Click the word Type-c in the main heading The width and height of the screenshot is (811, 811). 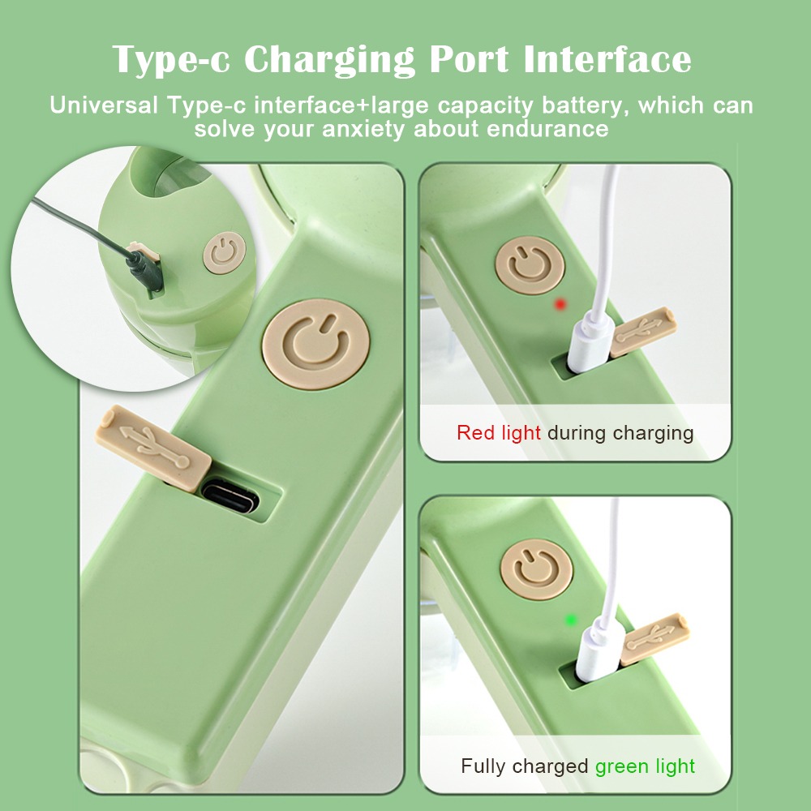tap(171, 60)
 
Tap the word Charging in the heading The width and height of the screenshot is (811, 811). tap(329, 60)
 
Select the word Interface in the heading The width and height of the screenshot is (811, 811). tap(607, 59)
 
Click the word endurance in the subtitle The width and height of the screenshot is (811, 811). tap(547, 129)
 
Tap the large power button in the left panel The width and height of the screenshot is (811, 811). tap(315, 344)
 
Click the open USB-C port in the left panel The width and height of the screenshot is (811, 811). tap(230, 496)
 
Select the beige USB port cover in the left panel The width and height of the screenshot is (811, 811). tap(153, 448)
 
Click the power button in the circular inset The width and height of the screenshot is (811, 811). tap(225, 252)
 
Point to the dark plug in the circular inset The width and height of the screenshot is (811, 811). tap(144, 268)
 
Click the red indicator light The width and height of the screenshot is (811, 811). tap(560, 304)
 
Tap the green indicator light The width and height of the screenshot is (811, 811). tap(571, 620)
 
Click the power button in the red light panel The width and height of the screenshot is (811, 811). tap(530, 265)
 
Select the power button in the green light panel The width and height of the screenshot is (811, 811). tap(536, 569)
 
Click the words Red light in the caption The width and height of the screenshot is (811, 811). tap(499, 433)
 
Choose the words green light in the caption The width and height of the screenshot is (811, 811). tap(645, 766)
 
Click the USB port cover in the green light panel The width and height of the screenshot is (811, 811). tap(654, 639)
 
